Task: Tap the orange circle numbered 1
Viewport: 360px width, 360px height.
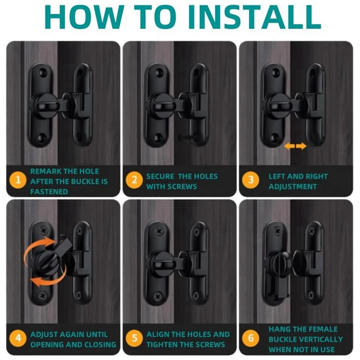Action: pos(18,180)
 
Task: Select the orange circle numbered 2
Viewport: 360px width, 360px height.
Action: pos(134,180)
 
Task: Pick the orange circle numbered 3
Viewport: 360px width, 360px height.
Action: pos(251,180)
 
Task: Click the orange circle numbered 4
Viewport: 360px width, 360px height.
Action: pos(18,338)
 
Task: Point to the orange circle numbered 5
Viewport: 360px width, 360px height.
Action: pos(134,338)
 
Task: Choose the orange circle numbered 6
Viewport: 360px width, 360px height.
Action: pos(251,338)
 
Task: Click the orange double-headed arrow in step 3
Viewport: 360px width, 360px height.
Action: pos(295,146)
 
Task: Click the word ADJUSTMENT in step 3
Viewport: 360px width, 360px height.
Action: pos(292,186)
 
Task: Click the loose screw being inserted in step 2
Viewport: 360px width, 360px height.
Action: pos(189,137)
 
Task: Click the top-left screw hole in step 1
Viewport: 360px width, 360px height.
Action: pos(42,72)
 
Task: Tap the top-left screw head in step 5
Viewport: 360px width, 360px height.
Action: pos(159,231)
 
